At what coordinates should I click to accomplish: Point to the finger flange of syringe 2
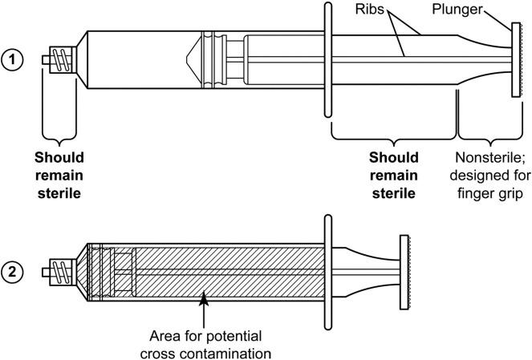coord(327,271)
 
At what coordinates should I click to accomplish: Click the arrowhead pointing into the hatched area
coord(204,301)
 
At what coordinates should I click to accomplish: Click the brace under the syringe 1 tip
coord(58,132)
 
